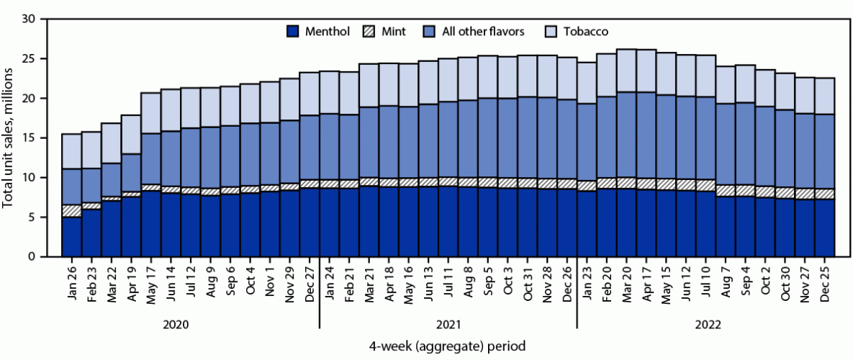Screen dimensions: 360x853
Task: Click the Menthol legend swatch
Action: point(293,31)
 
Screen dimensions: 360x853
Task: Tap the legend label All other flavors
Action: point(487,31)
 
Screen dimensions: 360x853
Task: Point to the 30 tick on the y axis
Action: point(29,19)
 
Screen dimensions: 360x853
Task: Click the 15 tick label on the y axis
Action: point(29,138)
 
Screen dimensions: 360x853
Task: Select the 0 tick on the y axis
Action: point(32,256)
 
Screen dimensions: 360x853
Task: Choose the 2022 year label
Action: point(704,325)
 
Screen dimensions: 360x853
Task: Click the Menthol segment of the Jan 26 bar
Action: point(71,236)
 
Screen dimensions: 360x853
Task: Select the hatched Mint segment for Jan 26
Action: point(71,210)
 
